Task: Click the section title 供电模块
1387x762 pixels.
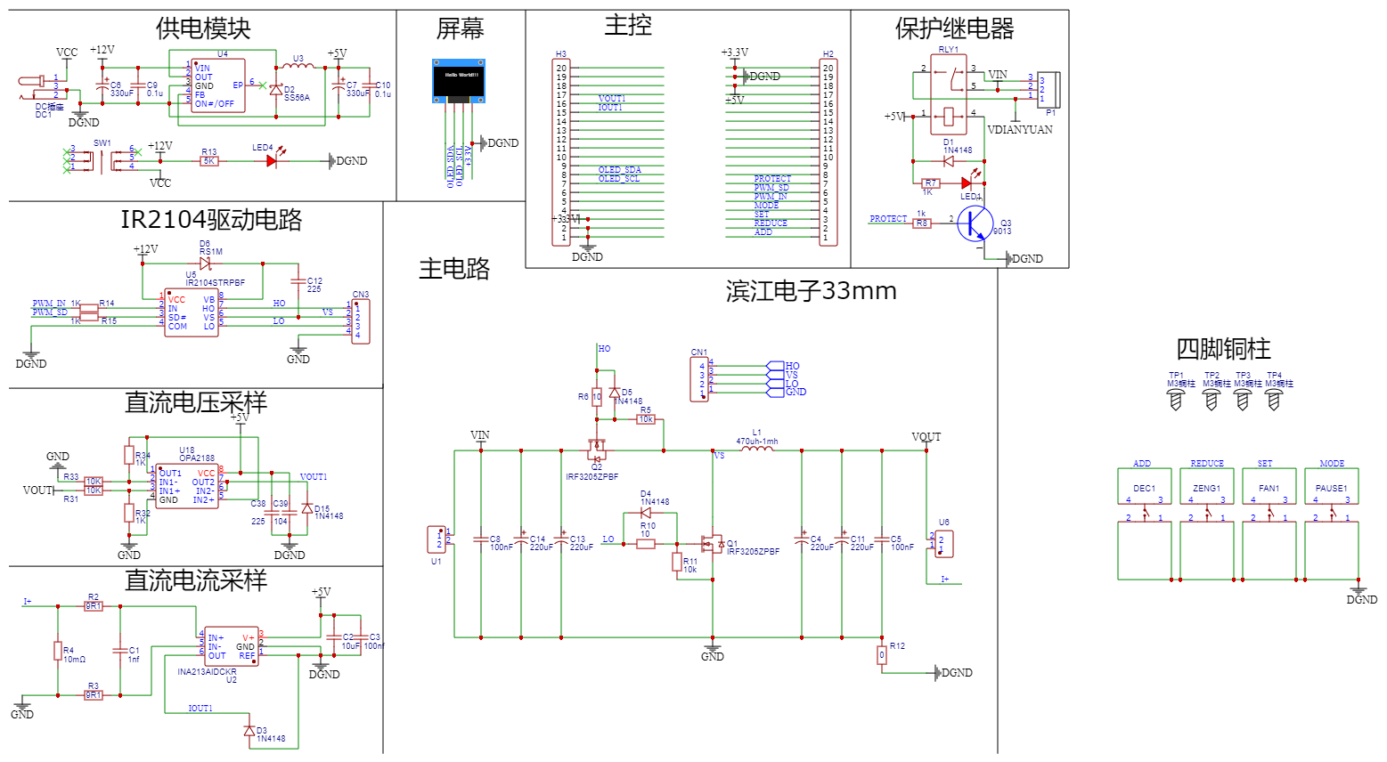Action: pyautogui.click(x=203, y=28)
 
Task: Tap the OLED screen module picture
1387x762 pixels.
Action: pyautogui.click(x=459, y=81)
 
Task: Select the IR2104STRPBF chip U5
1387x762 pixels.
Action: pyautogui.click(x=191, y=312)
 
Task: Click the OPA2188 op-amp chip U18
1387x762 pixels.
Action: pyautogui.click(x=187, y=486)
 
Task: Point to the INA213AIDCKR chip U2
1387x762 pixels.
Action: pyautogui.click(x=231, y=647)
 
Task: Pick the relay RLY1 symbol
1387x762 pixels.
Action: pyautogui.click(x=948, y=97)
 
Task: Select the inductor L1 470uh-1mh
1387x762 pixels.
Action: pyautogui.click(x=757, y=450)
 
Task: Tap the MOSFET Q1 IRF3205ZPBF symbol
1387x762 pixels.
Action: pyautogui.click(x=713, y=542)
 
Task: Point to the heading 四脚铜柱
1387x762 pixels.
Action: pyautogui.click(x=1223, y=349)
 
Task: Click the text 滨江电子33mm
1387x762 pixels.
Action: pyautogui.click(x=811, y=291)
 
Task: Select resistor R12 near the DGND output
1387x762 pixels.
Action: pyautogui.click(x=882, y=655)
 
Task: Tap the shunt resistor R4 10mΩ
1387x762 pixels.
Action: pyautogui.click(x=58, y=651)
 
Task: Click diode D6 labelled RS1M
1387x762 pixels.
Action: pyautogui.click(x=206, y=263)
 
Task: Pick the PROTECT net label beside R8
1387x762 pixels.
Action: pyautogui.click(x=888, y=219)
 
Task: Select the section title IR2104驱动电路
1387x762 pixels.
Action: pyautogui.click(x=211, y=220)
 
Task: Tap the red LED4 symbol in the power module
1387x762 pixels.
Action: pyautogui.click(x=272, y=161)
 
